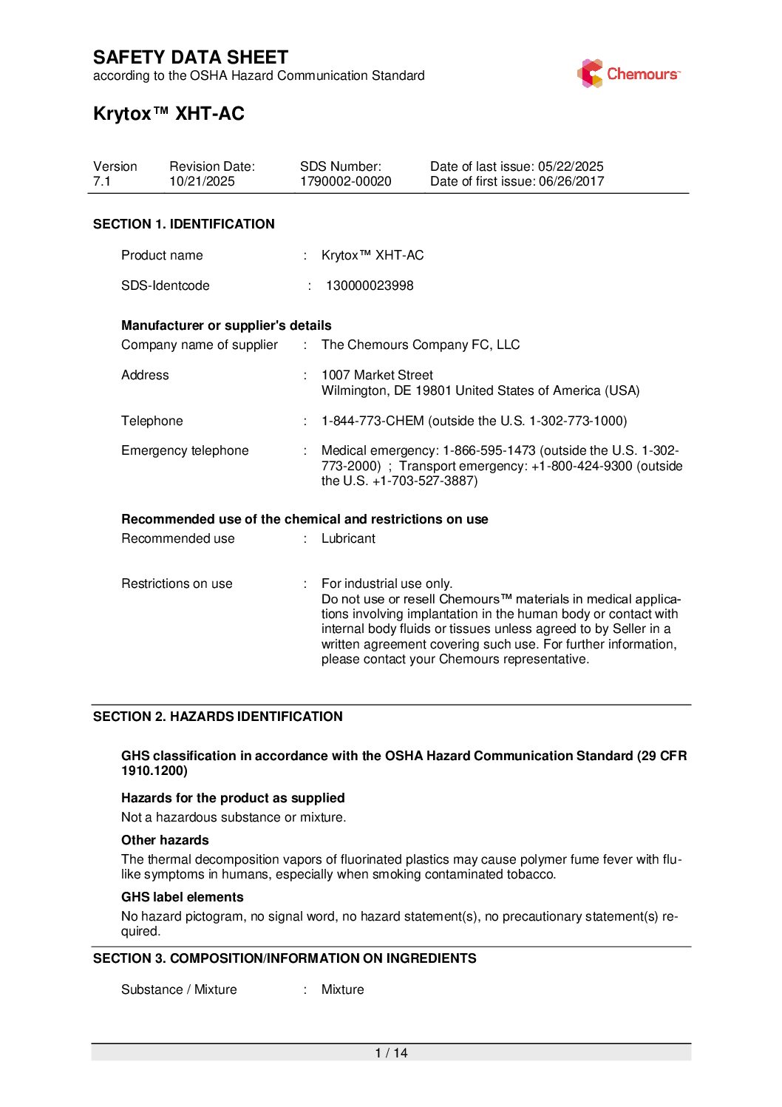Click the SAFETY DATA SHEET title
tap(191, 58)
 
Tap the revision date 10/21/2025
tap(202, 181)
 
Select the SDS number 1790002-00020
tap(345, 181)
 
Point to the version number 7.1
tap(102, 181)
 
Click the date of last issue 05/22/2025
tap(571, 166)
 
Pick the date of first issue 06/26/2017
tap(571, 181)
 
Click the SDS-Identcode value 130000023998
tap(370, 285)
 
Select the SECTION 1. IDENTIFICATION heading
tap(183, 224)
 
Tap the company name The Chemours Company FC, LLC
tap(420, 345)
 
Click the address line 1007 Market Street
tap(377, 375)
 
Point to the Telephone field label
tap(152, 421)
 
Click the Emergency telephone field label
tap(185, 450)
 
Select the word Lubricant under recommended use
tap(348, 538)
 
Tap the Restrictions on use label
tap(177, 583)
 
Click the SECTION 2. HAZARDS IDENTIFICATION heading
tap(217, 717)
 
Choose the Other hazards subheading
tap(165, 840)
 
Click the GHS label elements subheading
tap(182, 897)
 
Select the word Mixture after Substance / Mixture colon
tap(342, 989)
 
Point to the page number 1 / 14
tap(391, 1053)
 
